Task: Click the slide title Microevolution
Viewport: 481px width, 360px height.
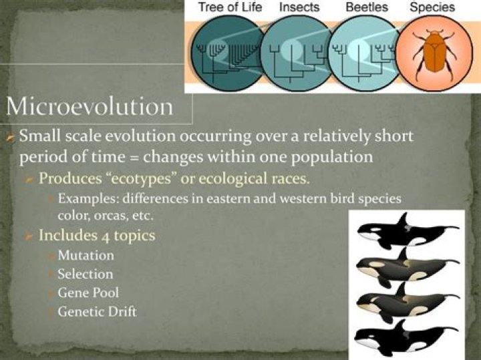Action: click(x=90, y=107)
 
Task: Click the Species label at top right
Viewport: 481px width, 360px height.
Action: click(x=432, y=7)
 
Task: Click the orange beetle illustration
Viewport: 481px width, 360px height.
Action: click(x=434, y=53)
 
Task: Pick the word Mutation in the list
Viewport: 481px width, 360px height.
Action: click(x=86, y=256)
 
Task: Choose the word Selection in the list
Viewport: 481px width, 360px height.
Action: click(x=85, y=274)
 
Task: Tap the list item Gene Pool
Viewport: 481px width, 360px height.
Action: click(x=88, y=293)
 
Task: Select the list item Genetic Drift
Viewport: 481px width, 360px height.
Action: click(x=97, y=311)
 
